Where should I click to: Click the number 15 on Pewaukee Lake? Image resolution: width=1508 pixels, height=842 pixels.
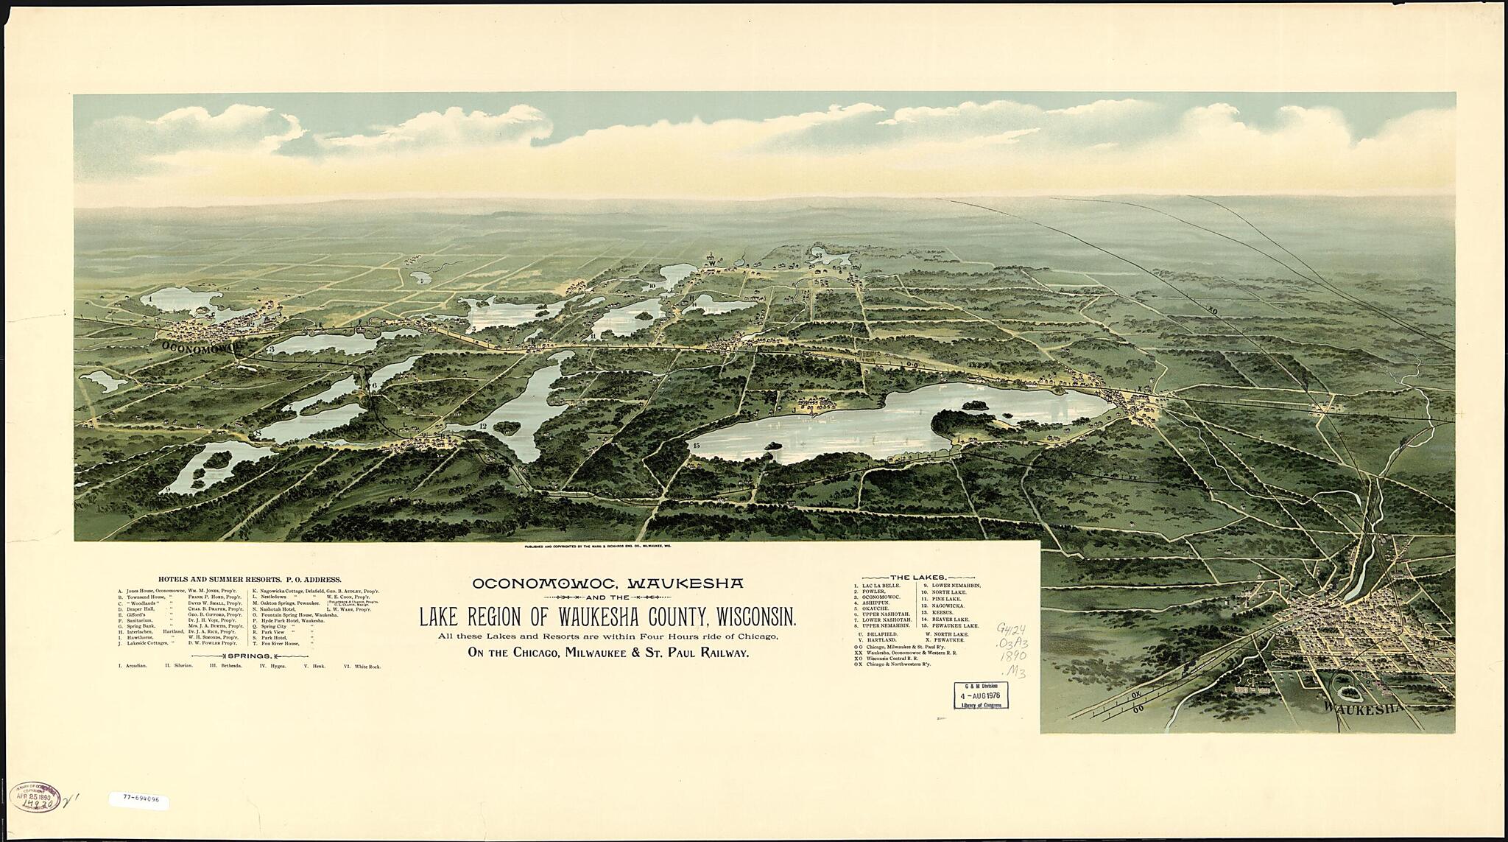coord(695,445)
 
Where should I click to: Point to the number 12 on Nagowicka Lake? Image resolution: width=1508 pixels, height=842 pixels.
coord(482,426)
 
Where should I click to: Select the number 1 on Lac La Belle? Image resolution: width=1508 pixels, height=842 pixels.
coord(150,300)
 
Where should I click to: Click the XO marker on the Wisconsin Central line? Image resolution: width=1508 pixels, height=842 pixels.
coord(1213,311)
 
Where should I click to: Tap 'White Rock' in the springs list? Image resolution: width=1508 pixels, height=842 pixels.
coord(362,666)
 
